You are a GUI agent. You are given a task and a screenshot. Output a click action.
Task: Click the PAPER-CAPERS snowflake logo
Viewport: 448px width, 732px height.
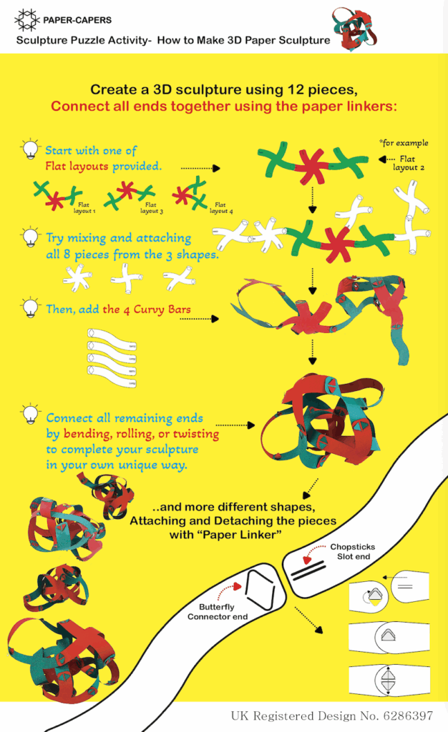pyautogui.click(x=26, y=20)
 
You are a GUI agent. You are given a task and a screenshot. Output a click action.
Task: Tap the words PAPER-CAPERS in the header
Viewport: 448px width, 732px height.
pyautogui.click(x=77, y=20)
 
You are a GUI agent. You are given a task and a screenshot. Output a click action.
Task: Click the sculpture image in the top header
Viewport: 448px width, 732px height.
pyautogui.click(x=354, y=29)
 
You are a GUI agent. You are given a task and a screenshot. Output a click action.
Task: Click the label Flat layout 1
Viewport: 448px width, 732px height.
pyautogui.click(x=84, y=208)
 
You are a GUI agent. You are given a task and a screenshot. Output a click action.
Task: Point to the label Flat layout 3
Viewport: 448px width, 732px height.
pyautogui.click(x=151, y=208)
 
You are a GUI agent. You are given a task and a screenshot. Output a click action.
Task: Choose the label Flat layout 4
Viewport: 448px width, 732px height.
pyautogui.click(x=221, y=208)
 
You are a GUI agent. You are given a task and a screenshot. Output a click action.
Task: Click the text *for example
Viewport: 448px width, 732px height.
pyautogui.click(x=404, y=143)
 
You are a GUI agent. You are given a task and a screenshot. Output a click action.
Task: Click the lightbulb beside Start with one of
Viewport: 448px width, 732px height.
pyautogui.click(x=30, y=149)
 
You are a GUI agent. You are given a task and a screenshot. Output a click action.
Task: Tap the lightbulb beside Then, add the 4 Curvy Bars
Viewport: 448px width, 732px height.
pyautogui.click(x=30, y=307)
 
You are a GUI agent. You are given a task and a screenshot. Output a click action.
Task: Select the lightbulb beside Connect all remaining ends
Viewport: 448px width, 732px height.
pyautogui.click(x=30, y=414)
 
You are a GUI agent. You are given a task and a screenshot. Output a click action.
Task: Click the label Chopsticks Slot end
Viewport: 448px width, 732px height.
pyautogui.click(x=353, y=551)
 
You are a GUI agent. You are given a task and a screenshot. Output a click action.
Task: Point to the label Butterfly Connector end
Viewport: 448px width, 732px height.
pyautogui.click(x=218, y=612)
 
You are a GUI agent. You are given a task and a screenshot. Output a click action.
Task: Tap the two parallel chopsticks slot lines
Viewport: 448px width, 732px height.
pyautogui.click(x=308, y=570)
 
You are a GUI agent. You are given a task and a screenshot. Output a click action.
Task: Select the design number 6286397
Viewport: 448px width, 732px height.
pyautogui.click(x=408, y=716)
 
